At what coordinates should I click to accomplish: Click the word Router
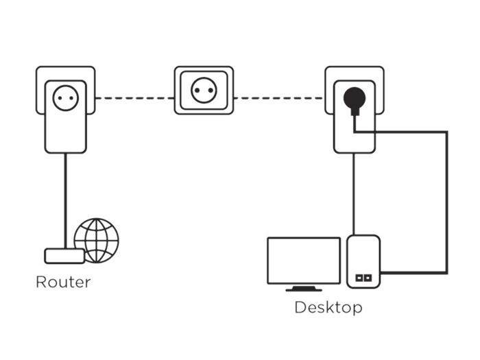coord(62,282)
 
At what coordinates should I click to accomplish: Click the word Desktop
coord(328,307)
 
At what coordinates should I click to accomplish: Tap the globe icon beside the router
coord(96,240)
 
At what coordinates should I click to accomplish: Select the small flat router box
coord(64,256)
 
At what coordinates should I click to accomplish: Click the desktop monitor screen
coord(303,259)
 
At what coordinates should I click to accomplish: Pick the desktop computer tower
coord(363,261)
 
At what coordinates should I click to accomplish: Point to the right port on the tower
coord(368,278)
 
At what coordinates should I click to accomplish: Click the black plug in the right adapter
coord(355,101)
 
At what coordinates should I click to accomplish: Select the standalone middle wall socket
coord(204,91)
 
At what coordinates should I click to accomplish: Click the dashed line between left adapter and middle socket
coord(134,99)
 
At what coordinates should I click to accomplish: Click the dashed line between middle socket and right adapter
coord(278,99)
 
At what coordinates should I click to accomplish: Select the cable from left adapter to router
coord(66,199)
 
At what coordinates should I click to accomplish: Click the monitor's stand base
coord(302,289)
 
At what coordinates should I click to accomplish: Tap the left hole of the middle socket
coord(198,91)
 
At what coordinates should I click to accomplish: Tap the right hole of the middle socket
coord(210,91)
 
